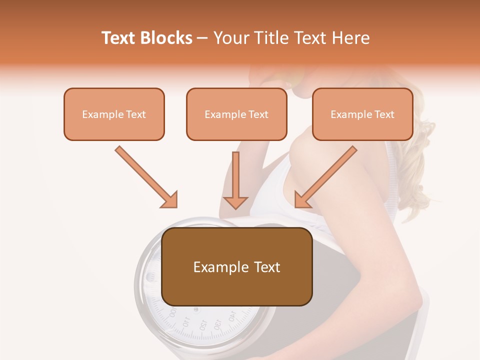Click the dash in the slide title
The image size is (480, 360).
pos(203,38)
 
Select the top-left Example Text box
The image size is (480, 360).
pos(114,114)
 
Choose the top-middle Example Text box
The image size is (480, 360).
pos(236,114)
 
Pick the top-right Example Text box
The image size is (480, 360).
pos(362,114)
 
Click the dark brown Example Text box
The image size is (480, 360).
pos(236,266)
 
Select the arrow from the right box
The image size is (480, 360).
pos(326,177)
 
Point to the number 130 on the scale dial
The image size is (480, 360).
pos(218,323)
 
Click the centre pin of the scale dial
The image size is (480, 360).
pos(196,309)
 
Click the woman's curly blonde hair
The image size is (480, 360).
pos(417,160)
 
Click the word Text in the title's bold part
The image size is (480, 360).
pos(119,38)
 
